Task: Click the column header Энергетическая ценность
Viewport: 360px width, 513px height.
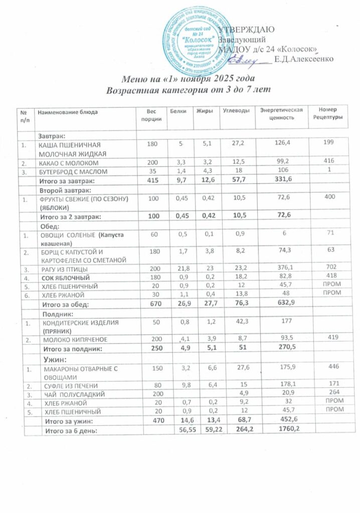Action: click(x=279, y=114)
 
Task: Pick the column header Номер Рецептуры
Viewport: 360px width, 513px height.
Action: click(x=327, y=114)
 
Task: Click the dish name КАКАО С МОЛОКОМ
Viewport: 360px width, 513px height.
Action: click(x=69, y=163)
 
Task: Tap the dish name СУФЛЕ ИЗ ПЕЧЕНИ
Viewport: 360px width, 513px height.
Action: click(x=70, y=385)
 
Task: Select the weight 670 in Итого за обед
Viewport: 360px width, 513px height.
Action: click(x=150, y=304)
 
